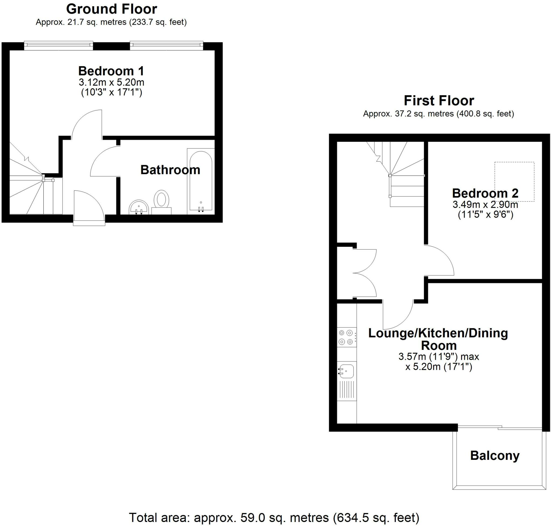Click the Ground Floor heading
tap(111, 9)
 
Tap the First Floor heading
tap(439, 101)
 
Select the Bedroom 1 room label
tap(111, 71)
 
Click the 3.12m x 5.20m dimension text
tap(111, 83)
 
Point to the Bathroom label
tap(170, 170)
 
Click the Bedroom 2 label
tap(485, 193)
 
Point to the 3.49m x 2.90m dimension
tap(485, 205)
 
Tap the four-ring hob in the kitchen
tap(346, 337)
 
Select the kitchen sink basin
tap(346, 372)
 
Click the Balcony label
tap(495, 455)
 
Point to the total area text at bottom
tap(274, 518)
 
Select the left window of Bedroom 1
tap(58, 45)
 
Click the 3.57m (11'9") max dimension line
tap(439, 357)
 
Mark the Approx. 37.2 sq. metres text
tap(439, 113)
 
